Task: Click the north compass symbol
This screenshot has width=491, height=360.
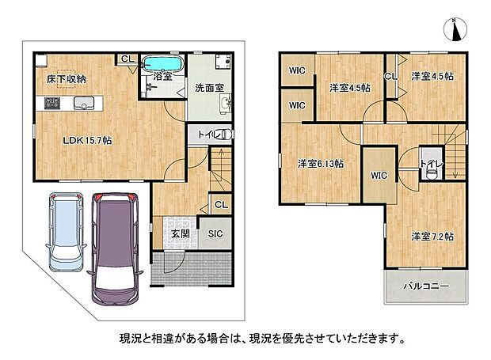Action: [x=455, y=29]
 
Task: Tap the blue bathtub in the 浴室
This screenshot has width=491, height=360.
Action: [x=163, y=64]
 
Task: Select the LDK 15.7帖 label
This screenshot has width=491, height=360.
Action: [x=87, y=140]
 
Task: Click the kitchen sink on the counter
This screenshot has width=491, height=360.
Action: [x=84, y=103]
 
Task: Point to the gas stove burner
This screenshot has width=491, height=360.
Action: [x=52, y=103]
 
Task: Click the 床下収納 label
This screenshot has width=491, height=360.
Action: [x=67, y=79]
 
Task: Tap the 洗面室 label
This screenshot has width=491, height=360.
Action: [x=210, y=88]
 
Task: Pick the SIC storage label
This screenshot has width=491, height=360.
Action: [x=215, y=233]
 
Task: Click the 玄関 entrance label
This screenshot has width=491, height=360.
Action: [x=181, y=233]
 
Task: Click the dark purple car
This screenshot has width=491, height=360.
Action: [x=115, y=248]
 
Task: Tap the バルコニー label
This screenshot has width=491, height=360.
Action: [x=426, y=286]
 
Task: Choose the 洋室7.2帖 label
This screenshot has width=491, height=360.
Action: [x=432, y=237]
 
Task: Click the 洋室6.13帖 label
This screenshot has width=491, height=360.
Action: [x=321, y=164]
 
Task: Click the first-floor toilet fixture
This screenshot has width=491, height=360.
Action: [x=226, y=135]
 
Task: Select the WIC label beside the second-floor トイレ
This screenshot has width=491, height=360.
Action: [x=379, y=176]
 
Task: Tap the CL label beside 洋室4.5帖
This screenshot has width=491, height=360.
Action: [x=390, y=76]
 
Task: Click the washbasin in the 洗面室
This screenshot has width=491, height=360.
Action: [x=226, y=102]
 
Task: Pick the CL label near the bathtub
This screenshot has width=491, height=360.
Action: [x=128, y=59]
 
